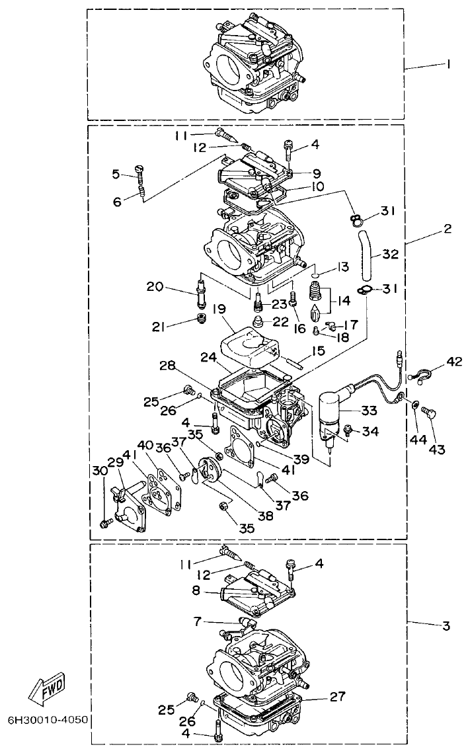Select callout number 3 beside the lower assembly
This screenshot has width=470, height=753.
(447, 625)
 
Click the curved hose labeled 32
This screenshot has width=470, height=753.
(366, 255)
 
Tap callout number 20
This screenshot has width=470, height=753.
(154, 286)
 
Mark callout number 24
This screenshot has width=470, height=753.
(206, 358)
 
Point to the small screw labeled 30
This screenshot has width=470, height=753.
(104, 524)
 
